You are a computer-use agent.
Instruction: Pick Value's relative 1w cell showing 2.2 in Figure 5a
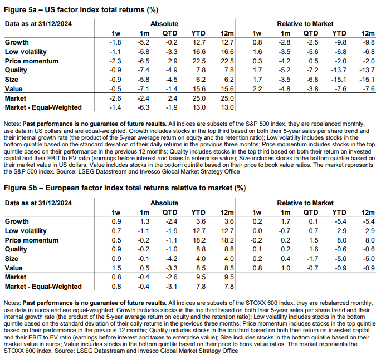point(257,88)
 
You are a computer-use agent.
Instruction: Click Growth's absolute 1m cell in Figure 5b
point(144,221)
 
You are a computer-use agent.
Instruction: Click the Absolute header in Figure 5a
point(164,24)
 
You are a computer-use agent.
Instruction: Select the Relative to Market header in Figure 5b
point(306,203)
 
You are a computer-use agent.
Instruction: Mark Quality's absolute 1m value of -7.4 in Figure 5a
point(144,70)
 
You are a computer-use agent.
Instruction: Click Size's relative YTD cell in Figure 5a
point(339,80)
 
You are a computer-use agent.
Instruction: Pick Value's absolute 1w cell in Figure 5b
point(116,268)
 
